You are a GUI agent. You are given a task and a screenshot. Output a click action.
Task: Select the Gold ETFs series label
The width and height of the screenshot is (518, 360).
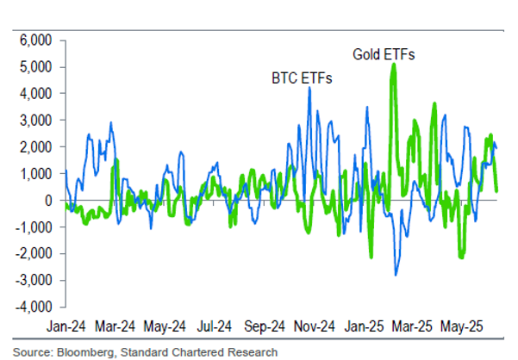click(384, 54)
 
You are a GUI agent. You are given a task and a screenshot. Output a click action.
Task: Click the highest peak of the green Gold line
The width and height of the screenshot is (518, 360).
click(394, 64)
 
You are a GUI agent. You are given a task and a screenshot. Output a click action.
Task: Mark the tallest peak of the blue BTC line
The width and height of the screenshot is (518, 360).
click(309, 88)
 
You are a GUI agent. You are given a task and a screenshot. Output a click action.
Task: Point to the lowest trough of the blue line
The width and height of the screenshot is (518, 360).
click(396, 275)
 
